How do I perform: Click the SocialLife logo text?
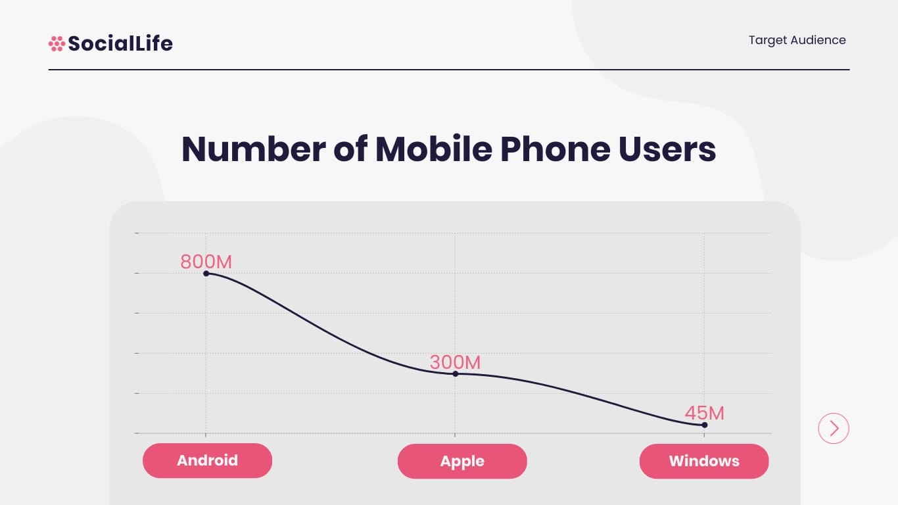pos(120,43)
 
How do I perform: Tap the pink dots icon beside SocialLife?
pos(57,43)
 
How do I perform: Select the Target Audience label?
pos(797,40)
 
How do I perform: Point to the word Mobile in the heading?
pos(433,149)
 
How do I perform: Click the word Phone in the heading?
pos(554,149)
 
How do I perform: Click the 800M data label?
pos(206,262)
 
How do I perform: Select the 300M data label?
pos(455,362)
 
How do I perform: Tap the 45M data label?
pos(704,413)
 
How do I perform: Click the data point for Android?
pos(206,274)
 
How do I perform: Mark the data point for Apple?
pos(455,373)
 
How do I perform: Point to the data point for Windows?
pos(704,425)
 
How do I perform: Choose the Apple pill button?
pos(462,461)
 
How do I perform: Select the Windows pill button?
pos(704,461)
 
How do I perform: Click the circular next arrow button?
pos(834,429)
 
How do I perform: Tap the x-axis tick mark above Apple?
pos(455,435)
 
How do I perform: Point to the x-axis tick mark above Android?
pos(206,435)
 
